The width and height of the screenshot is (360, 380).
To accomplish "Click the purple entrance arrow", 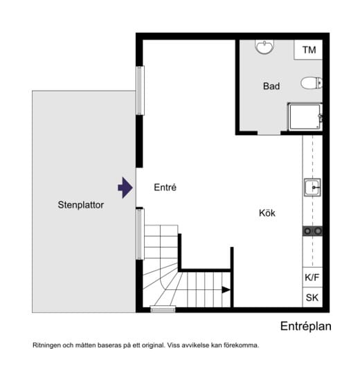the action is [x=125, y=188].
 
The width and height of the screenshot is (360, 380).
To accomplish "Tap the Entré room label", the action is [x=165, y=188].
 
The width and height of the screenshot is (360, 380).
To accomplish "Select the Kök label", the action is [x=267, y=213].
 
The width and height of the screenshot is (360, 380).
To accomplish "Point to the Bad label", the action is [x=271, y=86].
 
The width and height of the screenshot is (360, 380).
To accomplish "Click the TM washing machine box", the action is [x=308, y=50].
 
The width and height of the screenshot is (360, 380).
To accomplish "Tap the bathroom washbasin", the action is [x=264, y=46].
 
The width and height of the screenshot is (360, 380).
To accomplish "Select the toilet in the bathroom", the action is [x=312, y=83].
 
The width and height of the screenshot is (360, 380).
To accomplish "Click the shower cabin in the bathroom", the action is [x=305, y=117].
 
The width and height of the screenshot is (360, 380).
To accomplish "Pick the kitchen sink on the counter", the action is [x=312, y=188].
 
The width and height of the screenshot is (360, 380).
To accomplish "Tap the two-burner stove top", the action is [x=312, y=231].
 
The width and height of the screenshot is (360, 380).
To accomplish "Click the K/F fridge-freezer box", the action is [x=312, y=278].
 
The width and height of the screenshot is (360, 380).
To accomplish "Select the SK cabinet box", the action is [x=312, y=298].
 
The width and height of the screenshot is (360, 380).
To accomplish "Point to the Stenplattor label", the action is [x=81, y=205].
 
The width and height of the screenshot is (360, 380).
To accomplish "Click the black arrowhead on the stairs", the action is [x=226, y=289].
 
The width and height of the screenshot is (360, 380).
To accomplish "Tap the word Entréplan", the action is [x=306, y=326].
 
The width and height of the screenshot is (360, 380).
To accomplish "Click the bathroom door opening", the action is [x=269, y=133].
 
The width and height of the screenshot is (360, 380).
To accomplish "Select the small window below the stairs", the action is [x=163, y=309].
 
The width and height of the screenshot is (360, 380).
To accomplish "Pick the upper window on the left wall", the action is [x=139, y=91].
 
